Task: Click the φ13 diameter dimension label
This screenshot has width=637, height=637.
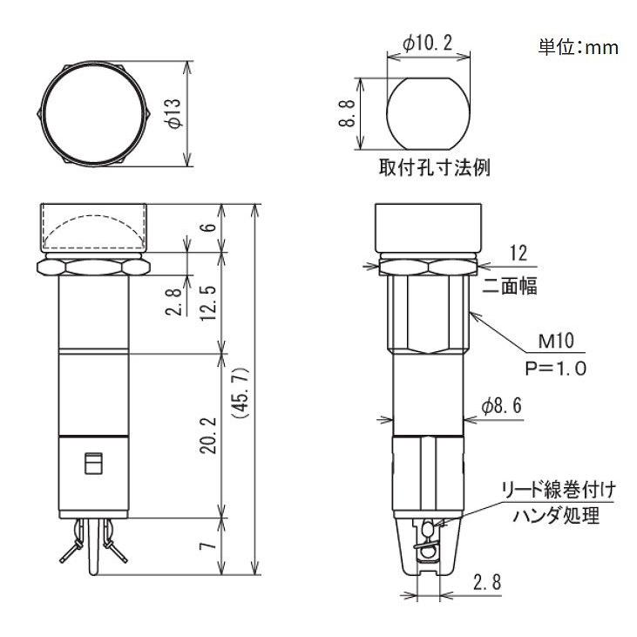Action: tap(173, 112)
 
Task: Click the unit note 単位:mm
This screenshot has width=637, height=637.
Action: tap(577, 48)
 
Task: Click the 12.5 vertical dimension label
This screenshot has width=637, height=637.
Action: tap(207, 302)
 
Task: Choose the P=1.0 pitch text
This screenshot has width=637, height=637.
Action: tap(555, 368)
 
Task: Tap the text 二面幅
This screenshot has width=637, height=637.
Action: tap(519, 284)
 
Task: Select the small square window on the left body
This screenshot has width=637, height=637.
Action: tap(91, 464)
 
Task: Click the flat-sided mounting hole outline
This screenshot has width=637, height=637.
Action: tap(427, 113)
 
